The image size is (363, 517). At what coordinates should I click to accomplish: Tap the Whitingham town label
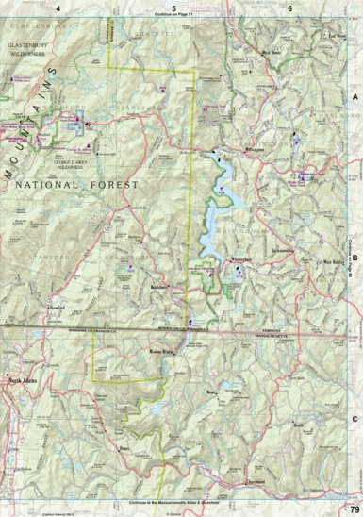[242, 258]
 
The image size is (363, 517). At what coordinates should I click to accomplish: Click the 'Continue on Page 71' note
[178, 16]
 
